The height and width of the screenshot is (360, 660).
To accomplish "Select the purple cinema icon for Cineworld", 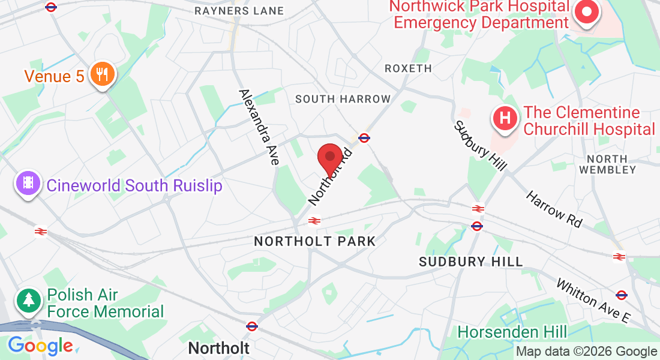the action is [x=28, y=184].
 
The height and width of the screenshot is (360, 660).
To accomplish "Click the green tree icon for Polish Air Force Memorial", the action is [x=28, y=301].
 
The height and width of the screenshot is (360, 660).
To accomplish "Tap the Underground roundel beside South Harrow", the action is [x=364, y=137].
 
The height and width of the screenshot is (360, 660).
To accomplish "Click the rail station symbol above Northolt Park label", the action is [x=313, y=221].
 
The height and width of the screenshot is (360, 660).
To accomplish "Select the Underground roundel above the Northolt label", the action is [x=252, y=326].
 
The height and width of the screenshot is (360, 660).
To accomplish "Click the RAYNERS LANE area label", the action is [x=239, y=11].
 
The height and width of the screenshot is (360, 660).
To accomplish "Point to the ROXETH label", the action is [x=408, y=68].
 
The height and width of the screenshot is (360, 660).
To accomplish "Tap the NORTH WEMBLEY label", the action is [x=611, y=164].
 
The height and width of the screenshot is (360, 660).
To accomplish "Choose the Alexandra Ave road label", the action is [x=259, y=127].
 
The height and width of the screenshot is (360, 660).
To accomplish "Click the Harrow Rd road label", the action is [x=554, y=209].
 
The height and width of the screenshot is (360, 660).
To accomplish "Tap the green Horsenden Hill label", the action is [x=512, y=332].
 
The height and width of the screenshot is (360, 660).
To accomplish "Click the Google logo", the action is [x=40, y=346].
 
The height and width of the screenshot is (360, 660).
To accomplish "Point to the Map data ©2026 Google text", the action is [x=586, y=352].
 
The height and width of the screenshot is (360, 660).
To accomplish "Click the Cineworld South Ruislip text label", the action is [x=134, y=185].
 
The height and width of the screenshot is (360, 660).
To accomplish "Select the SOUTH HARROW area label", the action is [x=343, y=99].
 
